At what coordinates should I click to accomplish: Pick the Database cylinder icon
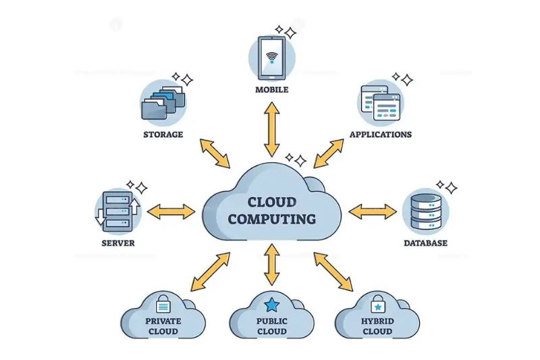click(x=425, y=211)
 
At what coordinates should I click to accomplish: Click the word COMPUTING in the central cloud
click(x=271, y=219)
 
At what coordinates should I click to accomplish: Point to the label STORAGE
click(x=163, y=134)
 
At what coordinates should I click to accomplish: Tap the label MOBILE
click(x=271, y=90)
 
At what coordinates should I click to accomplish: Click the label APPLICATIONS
click(x=380, y=134)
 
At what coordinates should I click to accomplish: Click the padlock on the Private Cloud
click(x=163, y=304)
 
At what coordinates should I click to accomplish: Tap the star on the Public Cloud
click(x=271, y=304)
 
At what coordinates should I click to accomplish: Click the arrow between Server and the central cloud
click(x=171, y=211)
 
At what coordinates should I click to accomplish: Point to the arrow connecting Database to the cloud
click(x=373, y=211)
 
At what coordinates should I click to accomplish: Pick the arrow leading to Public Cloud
click(x=271, y=264)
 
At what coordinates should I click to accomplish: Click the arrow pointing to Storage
click(x=214, y=153)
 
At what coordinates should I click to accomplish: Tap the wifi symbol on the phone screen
click(x=271, y=56)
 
